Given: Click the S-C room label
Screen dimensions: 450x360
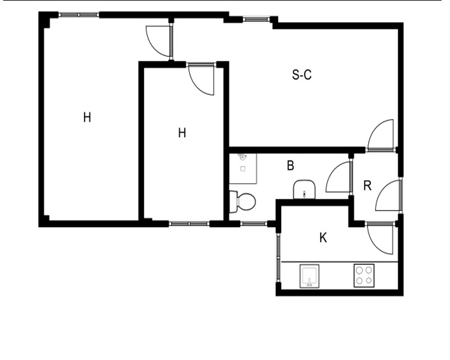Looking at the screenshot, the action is tap(301, 75).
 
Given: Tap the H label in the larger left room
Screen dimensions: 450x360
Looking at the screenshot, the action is tap(87, 117).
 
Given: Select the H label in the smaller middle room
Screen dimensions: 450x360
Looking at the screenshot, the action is tap(182, 133).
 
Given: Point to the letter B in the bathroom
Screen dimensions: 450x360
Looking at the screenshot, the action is tap(290, 166).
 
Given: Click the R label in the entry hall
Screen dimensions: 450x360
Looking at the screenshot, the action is tap(367, 186).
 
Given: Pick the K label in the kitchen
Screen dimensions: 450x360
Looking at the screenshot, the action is tap(323, 238).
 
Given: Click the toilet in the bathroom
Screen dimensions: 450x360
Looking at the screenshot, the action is tap(243, 202).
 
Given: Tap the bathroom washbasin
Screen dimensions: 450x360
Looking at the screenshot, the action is tap(304, 189).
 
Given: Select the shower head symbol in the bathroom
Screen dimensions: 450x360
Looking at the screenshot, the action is tap(243, 157).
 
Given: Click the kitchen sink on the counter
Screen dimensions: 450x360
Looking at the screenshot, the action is tap(310, 276).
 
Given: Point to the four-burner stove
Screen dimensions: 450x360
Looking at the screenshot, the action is tap(364, 275).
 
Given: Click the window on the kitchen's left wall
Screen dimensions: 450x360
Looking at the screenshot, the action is tap(279, 257).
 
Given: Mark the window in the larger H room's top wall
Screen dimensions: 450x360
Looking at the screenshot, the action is tap(79, 15).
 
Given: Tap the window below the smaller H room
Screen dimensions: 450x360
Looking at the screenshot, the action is tap(189, 224).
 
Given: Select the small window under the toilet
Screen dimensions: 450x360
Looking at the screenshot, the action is tap(253, 224).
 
